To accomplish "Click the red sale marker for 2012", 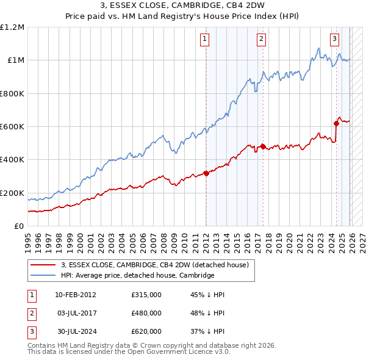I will (206, 173).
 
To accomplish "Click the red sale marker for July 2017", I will (263, 146).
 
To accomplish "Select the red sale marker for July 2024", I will (336, 123).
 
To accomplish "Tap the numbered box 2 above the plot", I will (261, 39).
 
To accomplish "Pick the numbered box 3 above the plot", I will (335, 39).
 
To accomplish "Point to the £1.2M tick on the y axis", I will (12, 27).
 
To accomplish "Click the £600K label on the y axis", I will (12, 127).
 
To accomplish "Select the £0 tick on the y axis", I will (19, 226).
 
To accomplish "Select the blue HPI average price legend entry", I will (137, 276).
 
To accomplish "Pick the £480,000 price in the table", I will (146, 313).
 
